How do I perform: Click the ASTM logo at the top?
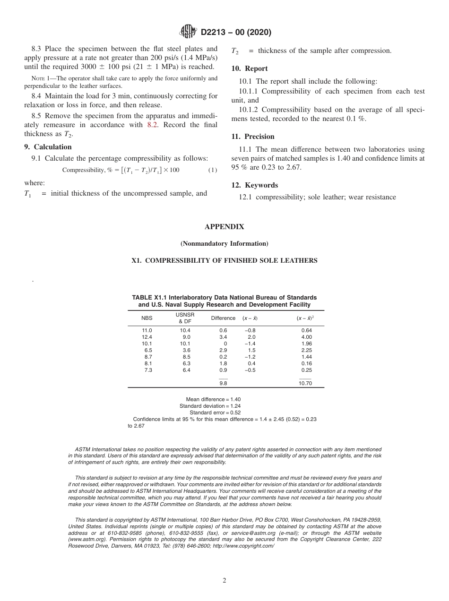point(189,32)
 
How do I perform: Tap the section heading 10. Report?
point(250,69)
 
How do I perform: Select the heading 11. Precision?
point(253,137)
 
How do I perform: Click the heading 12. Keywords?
point(254,185)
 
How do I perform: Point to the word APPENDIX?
point(224,227)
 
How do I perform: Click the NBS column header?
point(147,318)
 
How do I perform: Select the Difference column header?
point(223,318)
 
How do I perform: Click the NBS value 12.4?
point(147,337)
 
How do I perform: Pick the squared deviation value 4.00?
point(307,337)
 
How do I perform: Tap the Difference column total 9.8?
point(223,383)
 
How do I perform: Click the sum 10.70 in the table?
point(305,383)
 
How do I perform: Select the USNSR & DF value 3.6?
point(186,350)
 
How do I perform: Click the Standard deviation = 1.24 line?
point(210,406)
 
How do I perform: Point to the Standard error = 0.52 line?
point(215,412)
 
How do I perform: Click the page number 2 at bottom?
point(224,580)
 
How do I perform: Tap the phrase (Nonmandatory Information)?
point(224,244)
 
